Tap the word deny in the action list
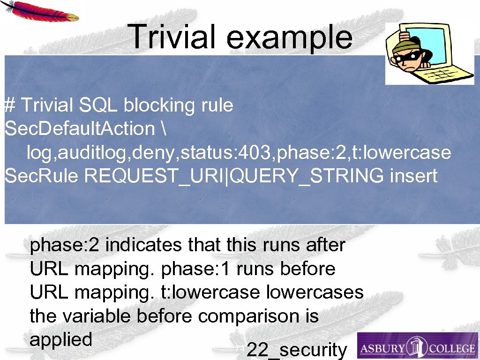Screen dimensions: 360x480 161,152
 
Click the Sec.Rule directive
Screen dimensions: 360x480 42,176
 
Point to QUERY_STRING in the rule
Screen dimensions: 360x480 308,176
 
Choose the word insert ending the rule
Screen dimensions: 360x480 413,176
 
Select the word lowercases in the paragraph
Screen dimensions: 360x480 315,292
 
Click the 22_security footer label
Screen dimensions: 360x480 296,350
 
